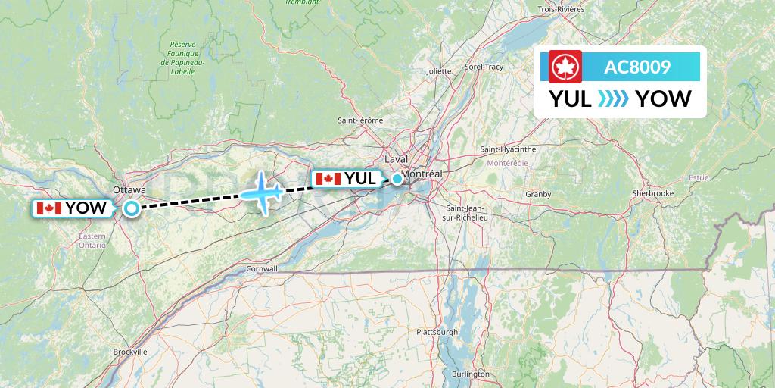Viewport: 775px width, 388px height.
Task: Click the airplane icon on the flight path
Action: pos(262,192)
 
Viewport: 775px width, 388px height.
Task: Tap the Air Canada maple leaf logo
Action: pos(562,67)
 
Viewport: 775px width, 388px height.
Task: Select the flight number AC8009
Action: pos(636,67)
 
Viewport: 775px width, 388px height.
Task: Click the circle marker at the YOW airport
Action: pos(132,208)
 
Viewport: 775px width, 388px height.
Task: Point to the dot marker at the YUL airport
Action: pos(397,179)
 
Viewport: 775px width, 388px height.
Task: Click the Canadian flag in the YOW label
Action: pos(48,208)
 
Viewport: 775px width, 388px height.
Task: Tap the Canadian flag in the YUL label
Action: pos(328,179)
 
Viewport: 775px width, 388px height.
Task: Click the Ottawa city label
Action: pos(129,189)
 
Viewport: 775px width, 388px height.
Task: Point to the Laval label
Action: pos(396,160)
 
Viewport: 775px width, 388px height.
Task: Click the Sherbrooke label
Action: pos(652,193)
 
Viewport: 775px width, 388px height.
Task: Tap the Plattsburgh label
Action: pos(437,332)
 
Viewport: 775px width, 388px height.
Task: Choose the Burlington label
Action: pos(471,374)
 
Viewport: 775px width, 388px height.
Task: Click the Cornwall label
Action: pos(262,268)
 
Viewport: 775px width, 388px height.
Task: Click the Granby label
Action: pos(538,194)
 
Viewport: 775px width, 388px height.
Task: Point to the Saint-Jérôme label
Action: pos(360,120)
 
